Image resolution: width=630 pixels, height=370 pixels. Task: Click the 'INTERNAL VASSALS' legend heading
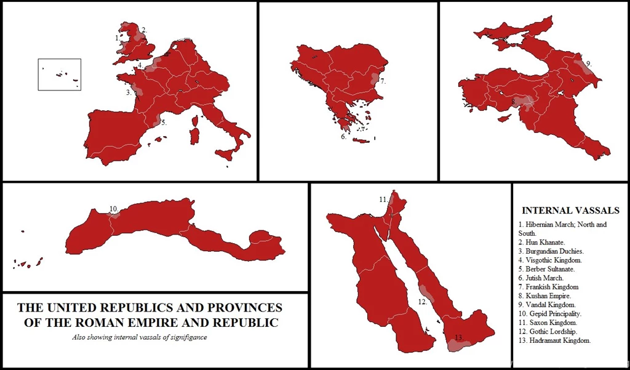pyautogui.click(x=570, y=211)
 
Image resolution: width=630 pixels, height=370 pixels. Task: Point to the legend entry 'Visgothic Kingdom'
pyautogui.click(x=554, y=260)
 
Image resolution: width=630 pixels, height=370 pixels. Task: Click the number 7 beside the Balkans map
pyautogui.click(x=383, y=81)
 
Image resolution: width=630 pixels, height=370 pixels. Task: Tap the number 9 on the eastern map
pyautogui.click(x=588, y=63)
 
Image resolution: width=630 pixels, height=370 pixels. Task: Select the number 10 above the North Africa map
pyautogui.click(x=113, y=209)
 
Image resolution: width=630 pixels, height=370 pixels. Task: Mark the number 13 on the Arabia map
pyautogui.click(x=458, y=337)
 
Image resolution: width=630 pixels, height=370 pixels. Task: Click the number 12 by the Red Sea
pyautogui.click(x=422, y=302)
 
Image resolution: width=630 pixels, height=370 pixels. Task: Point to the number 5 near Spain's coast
pyautogui.click(x=164, y=123)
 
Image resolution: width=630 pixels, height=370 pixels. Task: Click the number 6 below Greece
pyautogui.click(x=343, y=137)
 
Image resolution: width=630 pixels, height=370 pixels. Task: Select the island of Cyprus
pyautogui.click(x=504, y=118)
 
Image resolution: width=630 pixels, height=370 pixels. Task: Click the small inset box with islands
pyautogui.click(x=60, y=74)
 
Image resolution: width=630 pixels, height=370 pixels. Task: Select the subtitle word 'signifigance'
pyautogui.click(x=183, y=337)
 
